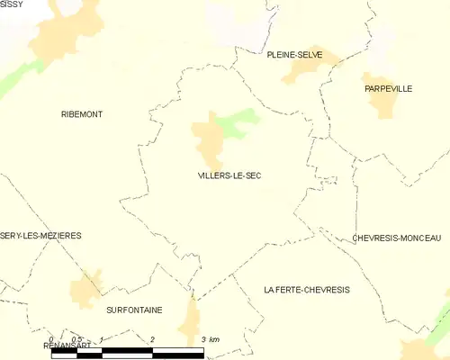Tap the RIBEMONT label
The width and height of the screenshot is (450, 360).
pos(82,114)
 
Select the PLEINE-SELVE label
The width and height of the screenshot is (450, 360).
pos(293,55)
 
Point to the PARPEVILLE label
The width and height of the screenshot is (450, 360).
pos(388,89)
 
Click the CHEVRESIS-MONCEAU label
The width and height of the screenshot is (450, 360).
pos(396,238)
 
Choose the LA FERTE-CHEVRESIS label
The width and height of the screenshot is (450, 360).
pos(306,290)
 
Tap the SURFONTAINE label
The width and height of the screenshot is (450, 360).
pos(134,310)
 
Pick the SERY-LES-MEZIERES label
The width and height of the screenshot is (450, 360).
pos(40,236)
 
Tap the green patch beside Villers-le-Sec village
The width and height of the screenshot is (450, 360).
pos(238,122)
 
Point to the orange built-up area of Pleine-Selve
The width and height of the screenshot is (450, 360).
pos(311,67)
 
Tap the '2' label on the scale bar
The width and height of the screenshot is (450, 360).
pos(153,338)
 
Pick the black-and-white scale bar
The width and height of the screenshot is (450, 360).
pos(126,351)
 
